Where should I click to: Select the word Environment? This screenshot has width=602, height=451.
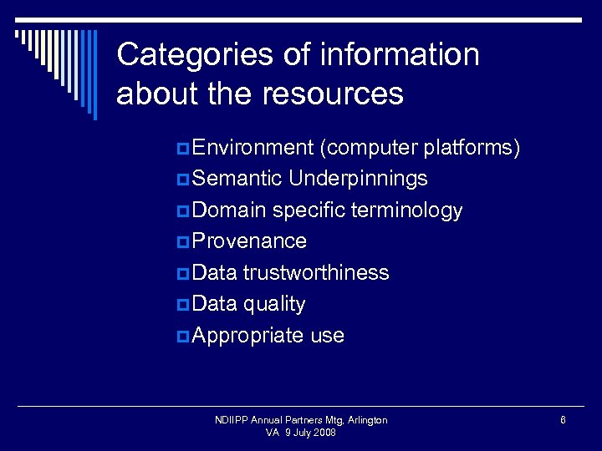(252, 148)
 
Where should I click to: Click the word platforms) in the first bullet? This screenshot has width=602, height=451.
(472, 148)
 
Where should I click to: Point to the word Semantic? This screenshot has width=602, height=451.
(237, 179)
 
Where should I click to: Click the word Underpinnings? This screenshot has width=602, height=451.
(358, 179)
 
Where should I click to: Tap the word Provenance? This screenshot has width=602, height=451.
(249, 241)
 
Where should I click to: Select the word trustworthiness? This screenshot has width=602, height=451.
(316, 273)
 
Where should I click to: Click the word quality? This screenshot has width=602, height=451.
(274, 304)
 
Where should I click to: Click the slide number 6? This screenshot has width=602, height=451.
(564, 420)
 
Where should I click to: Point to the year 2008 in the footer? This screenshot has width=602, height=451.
(325, 433)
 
